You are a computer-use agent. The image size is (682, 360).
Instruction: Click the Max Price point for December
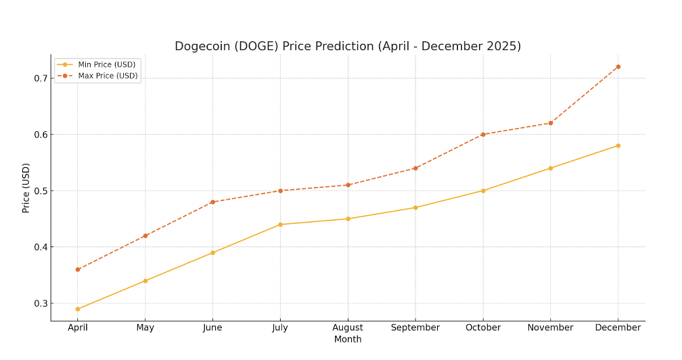(x=618, y=67)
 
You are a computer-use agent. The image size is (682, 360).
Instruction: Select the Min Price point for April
(x=78, y=309)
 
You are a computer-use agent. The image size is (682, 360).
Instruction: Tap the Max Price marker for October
(x=483, y=135)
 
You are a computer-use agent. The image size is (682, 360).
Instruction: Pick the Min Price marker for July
(x=280, y=225)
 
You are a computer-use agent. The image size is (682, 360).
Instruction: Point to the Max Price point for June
(x=212, y=202)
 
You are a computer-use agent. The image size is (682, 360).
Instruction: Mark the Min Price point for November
(x=551, y=168)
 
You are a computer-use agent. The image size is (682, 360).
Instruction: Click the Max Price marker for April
(x=78, y=269)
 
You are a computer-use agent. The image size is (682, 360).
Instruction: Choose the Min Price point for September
(x=415, y=207)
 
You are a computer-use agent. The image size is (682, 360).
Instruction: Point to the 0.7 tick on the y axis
(x=41, y=78)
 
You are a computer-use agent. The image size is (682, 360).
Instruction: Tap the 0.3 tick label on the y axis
(x=41, y=303)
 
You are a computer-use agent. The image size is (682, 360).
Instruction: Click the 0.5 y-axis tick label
(x=41, y=191)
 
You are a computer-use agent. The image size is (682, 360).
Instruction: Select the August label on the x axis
(x=348, y=328)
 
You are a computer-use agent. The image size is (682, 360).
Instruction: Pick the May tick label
(x=145, y=328)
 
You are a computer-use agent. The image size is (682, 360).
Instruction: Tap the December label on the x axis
(x=618, y=328)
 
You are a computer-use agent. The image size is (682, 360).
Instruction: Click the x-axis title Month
(x=348, y=339)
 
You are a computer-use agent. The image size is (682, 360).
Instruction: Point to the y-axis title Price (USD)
(x=26, y=188)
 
